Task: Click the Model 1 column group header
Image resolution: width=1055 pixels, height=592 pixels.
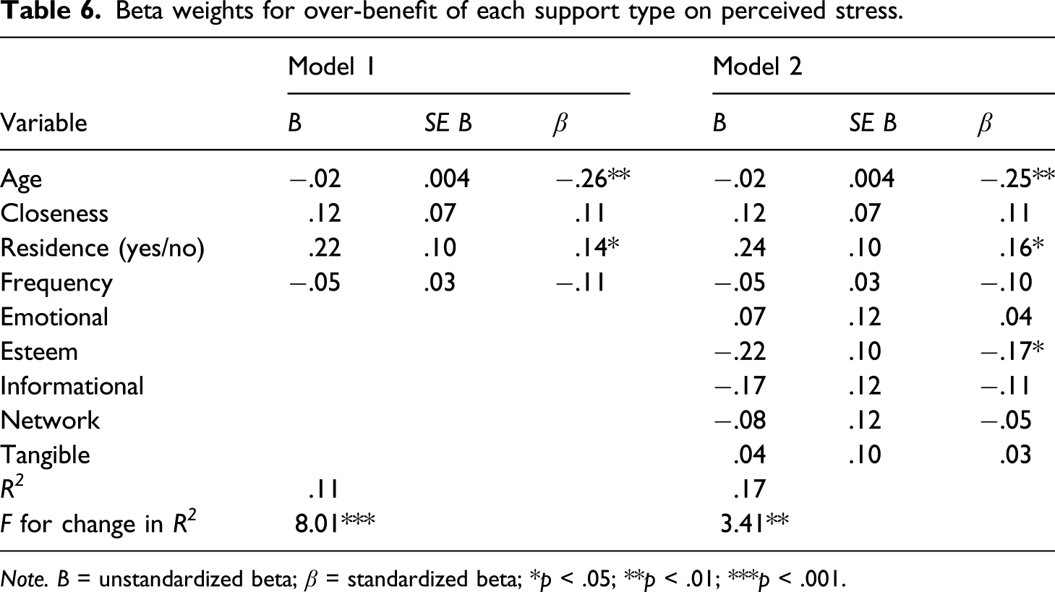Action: [x=331, y=67]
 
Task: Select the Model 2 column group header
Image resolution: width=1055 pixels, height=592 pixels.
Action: [x=757, y=67]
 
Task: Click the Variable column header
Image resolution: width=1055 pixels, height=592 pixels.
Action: [x=44, y=123]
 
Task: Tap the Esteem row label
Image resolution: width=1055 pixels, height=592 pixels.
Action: [x=39, y=351]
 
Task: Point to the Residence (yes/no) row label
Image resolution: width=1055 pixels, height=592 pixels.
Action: [x=102, y=249]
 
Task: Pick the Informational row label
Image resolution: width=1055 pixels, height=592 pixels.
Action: [x=72, y=386]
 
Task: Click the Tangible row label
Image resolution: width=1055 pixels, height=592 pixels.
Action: [x=46, y=455]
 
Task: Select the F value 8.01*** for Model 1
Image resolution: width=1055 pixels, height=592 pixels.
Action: [x=335, y=523]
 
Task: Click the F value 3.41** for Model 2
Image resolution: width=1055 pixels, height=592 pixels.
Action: [x=754, y=523]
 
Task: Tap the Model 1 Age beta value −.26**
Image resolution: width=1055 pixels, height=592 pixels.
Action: [x=592, y=179]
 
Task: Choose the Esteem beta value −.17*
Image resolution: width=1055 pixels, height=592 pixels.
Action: [x=1012, y=351]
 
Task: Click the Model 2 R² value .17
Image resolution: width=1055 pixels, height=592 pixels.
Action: [x=749, y=489]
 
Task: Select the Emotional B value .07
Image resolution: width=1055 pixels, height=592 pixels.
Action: [x=749, y=317]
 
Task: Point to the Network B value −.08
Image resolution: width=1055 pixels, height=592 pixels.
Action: [x=740, y=420]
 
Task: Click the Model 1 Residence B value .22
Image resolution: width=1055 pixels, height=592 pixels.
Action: [x=325, y=248]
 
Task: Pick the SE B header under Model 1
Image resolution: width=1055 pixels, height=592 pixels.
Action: [x=448, y=123]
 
